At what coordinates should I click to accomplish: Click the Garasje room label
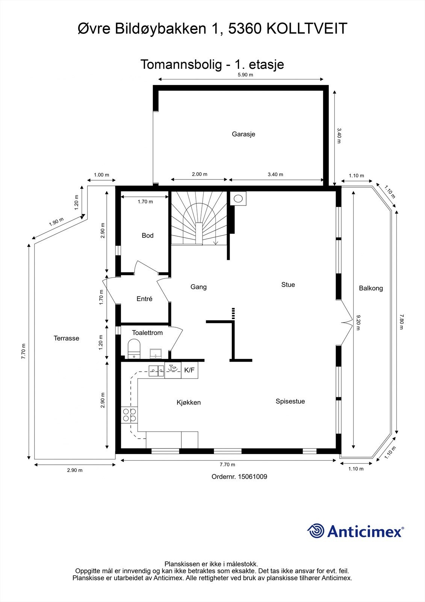pos(243,134)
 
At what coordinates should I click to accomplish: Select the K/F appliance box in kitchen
pos(189,370)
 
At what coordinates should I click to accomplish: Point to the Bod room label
pos(147,236)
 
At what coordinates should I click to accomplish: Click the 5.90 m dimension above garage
pos(245,74)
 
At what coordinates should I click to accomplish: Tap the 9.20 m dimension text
pos(358,322)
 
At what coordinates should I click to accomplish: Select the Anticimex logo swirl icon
pos(316,531)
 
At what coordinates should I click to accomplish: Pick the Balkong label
pos(371,288)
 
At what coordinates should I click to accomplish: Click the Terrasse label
pos(66,338)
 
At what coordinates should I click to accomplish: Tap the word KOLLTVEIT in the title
pos(307,29)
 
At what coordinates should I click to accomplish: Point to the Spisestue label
pos(290,401)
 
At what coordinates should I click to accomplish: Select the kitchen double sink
pos(156,371)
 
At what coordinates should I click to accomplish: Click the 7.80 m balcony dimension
pos(401,322)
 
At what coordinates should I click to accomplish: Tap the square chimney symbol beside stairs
pos(238,198)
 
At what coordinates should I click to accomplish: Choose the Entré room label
pos(144,299)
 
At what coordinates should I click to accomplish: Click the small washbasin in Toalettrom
pos(156,353)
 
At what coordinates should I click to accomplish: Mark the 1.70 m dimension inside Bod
pos(145,202)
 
